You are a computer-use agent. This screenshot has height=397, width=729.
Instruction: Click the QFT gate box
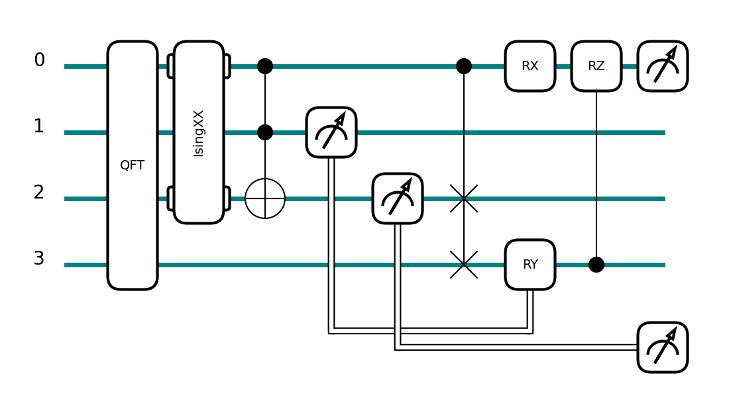(133, 165)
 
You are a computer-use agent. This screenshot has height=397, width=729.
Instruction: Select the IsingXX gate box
(199, 132)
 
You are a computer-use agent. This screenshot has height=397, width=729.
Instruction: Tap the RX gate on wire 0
(530, 66)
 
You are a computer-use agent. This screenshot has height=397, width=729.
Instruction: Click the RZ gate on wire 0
(596, 66)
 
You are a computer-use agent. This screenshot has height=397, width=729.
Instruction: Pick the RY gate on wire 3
(530, 265)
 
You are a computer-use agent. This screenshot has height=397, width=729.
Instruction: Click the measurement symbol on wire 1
(331, 132)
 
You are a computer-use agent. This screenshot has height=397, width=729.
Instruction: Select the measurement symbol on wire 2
(398, 198)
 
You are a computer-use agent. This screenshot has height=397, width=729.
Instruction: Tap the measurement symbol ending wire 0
(663, 66)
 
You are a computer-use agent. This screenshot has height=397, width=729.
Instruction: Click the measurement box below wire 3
(663, 347)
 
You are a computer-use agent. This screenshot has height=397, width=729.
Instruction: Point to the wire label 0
(40, 60)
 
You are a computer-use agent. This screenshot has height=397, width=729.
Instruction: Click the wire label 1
(40, 126)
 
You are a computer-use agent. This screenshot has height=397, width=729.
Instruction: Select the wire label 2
(40, 193)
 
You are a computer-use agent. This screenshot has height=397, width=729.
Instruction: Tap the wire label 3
(40, 259)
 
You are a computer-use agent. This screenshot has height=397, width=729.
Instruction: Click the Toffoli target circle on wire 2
(265, 198)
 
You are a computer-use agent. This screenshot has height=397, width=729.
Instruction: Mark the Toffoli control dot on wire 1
(265, 132)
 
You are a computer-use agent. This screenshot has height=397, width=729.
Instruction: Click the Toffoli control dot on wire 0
(265, 66)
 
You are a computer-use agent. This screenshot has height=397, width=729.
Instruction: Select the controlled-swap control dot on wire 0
(464, 66)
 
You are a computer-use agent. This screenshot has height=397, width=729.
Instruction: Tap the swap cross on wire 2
(464, 198)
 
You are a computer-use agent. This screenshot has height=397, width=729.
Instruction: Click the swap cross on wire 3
(464, 265)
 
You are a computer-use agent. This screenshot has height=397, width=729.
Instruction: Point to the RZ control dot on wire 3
(596, 265)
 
